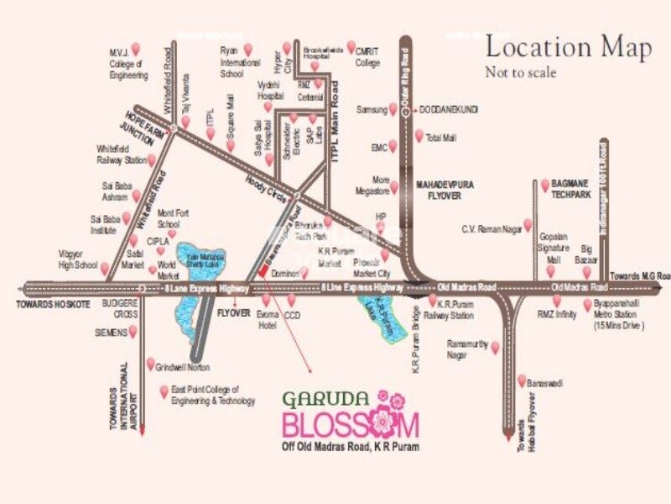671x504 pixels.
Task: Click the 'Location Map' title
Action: pos(568,48)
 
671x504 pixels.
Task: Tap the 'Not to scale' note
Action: pos(520,72)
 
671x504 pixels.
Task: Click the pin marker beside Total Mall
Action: pos(419,135)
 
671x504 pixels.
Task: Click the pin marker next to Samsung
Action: pos(393,109)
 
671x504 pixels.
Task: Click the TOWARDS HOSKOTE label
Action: pos(51,303)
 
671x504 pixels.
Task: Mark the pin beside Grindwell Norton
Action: pos(150,364)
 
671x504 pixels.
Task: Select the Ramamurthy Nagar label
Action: pos(468,349)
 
